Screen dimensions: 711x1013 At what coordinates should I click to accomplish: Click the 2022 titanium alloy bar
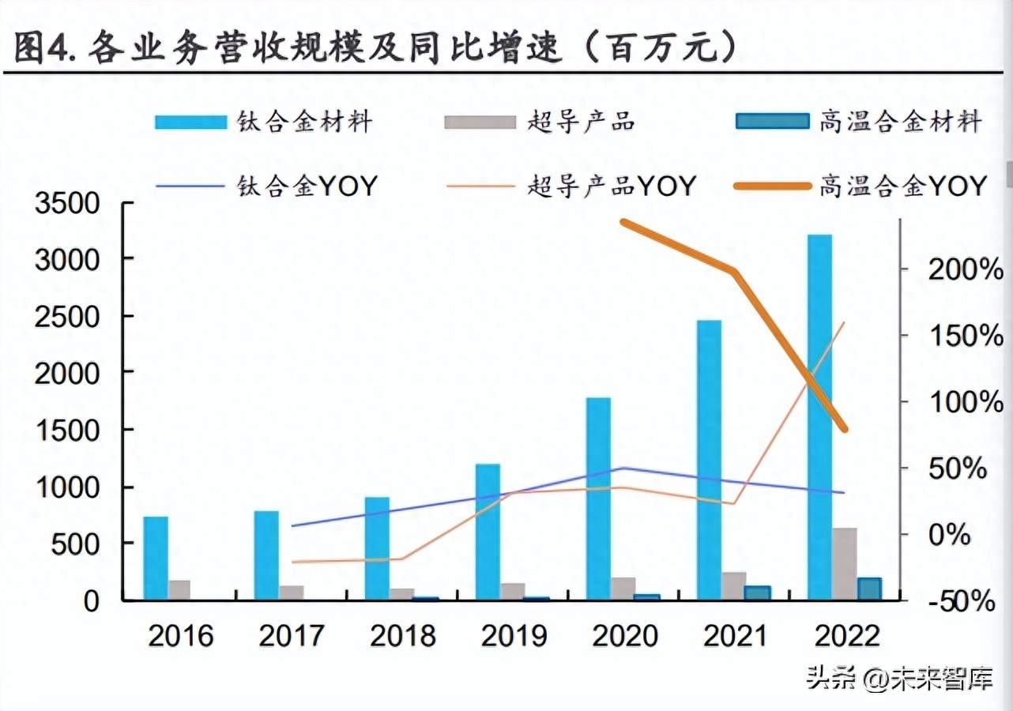[819, 417]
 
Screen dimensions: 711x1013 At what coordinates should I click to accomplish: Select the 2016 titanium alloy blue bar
[156, 558]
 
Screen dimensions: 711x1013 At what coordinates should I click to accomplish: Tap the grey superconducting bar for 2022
[844, 563]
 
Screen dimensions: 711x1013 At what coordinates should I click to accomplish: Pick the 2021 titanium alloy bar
[709, 460]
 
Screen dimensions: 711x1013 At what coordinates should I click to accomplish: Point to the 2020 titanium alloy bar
[598, 498]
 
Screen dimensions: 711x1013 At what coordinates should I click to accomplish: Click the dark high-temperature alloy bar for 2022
[869, 589]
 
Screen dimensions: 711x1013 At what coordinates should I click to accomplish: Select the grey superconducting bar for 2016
[180, 590]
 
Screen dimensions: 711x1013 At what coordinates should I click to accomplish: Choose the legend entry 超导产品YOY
[571, 186]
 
